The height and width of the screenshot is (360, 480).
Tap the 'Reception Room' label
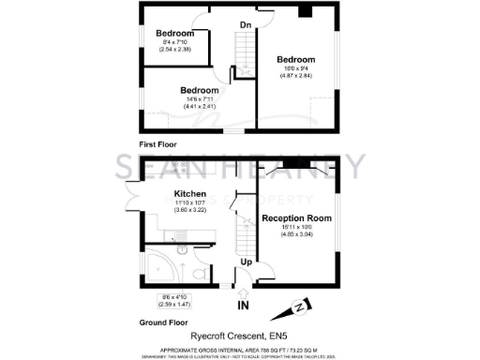pos(295,217)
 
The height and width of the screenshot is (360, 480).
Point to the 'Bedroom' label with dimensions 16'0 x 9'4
pos(295,59)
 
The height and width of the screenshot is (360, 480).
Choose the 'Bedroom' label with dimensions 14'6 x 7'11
pos(199,91)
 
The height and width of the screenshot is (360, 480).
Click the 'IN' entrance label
pos(243,306)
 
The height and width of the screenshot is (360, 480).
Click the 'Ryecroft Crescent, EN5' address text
pos(240,334)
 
